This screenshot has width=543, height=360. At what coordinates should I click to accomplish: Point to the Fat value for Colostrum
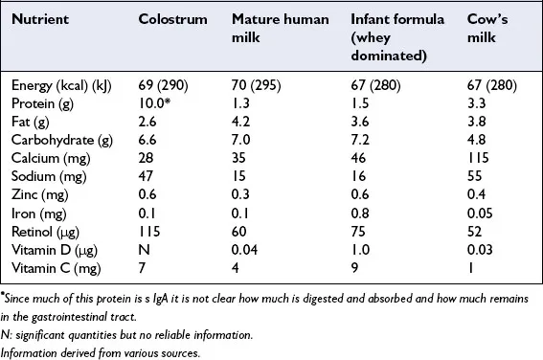(x=147, y=121)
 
